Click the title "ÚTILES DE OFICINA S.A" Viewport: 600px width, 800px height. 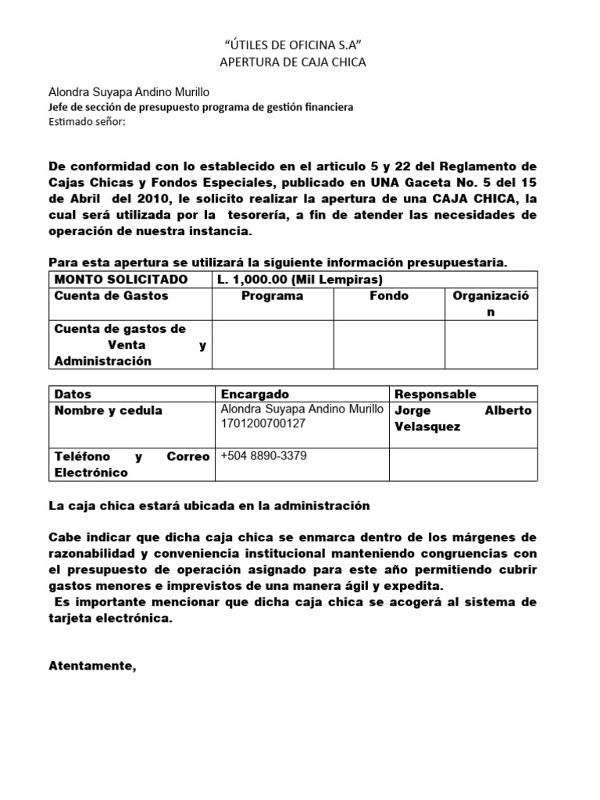(x=293, y=45)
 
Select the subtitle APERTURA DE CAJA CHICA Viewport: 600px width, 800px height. (x=293, y=62)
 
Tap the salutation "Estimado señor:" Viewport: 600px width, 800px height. (x=87, y=121)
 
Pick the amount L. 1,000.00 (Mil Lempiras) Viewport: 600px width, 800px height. (x=300, y=280)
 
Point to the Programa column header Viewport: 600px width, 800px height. (x=272, y=297)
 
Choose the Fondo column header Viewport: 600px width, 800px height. (x=388, y=297)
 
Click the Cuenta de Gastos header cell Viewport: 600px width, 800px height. (x=111, y=296)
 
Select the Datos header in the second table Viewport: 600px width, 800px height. (x=73, y=394)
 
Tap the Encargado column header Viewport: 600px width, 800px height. (x=255, y=394)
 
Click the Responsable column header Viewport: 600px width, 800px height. (x=435, y=394)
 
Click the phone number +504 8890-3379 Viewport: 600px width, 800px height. (x=264, y=456)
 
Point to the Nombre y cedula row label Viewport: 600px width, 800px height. (x=108, y=411)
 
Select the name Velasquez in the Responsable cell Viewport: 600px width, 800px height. (x=427, y=427)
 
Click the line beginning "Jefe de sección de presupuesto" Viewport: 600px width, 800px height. (x=201, y=107)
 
